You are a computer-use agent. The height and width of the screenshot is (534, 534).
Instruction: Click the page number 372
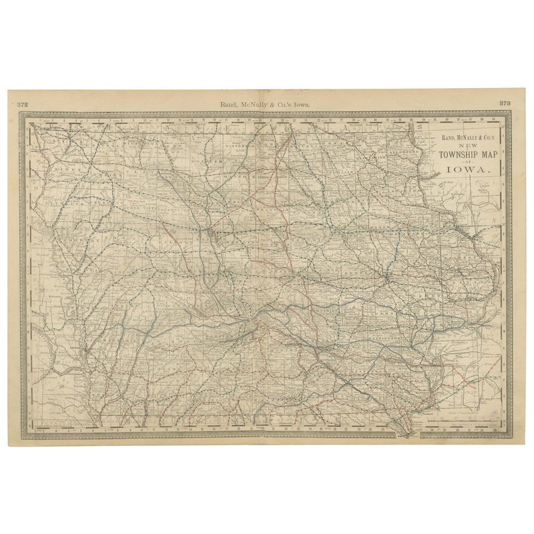(22, 104)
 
